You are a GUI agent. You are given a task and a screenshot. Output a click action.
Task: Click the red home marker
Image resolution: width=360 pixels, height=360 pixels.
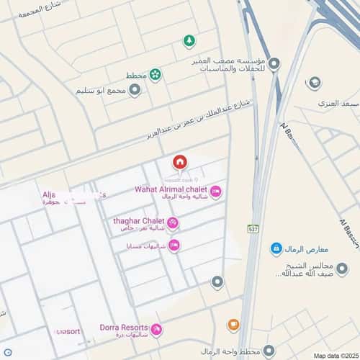click(x=179, y=162)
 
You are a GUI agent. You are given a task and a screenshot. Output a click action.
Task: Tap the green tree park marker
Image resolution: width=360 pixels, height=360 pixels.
click(x=189, y=40)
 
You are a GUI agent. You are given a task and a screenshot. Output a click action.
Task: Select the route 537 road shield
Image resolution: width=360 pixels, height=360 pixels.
click(x=253, y=229)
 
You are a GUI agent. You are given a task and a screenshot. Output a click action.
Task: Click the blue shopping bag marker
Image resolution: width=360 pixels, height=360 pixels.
click(x=276, y=248)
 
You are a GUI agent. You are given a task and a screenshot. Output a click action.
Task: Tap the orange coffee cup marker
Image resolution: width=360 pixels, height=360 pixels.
click(x=233, y=325)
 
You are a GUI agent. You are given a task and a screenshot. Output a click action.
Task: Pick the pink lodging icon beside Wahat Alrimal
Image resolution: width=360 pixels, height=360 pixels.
click(x=216, y=192)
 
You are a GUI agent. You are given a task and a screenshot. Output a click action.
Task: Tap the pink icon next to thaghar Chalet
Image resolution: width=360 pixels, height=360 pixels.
click(x=173, y=223)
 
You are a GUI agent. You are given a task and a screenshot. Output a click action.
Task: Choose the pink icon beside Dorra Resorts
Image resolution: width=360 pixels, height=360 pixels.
click(x=156, y=330)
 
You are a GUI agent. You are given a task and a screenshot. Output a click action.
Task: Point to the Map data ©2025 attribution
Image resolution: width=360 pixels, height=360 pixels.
click(x=335, y=356)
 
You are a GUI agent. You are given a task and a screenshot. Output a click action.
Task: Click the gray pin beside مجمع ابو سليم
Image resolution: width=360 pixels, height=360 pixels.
click(x=135, y=91)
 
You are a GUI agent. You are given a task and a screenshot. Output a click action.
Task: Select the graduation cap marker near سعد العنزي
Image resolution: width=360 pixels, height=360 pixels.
click(x=313, y=83)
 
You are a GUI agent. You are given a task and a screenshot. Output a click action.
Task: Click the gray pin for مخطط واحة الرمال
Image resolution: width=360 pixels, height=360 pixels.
click(x=269, y=351)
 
